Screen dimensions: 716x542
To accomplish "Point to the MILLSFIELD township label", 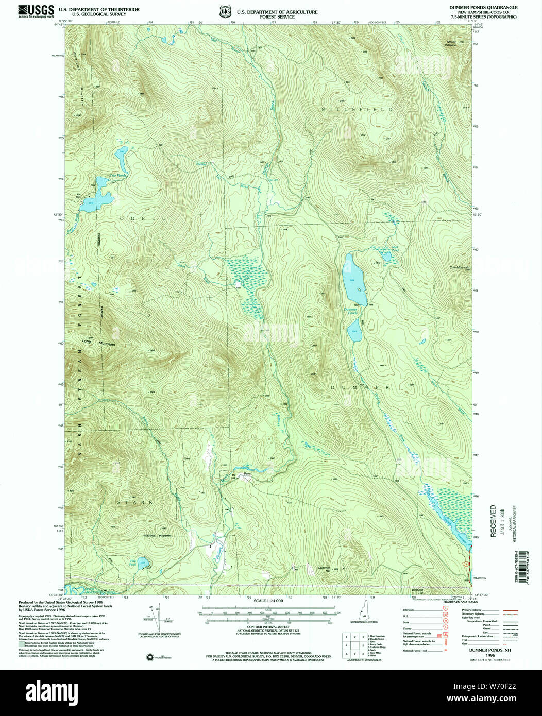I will [x=358, y=110].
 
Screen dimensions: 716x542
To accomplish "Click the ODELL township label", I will [x=143, y=218].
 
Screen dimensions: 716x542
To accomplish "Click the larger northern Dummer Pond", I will [x=354, y=279].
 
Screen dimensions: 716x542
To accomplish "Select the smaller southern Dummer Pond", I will [x=355, y=330].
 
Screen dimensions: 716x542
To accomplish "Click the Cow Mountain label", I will [x=459, y=267].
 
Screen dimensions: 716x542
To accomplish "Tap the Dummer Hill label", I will [x=324, y=567].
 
